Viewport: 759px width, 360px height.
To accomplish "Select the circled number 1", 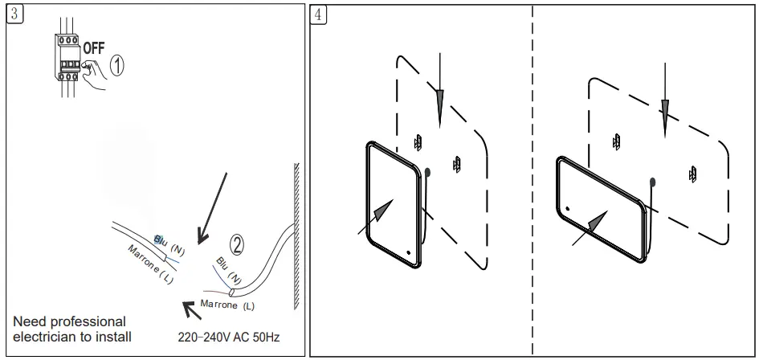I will coord(117,66).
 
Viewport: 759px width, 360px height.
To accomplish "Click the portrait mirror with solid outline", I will coord(394,202).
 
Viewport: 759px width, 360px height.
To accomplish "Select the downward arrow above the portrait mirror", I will coord(439,92).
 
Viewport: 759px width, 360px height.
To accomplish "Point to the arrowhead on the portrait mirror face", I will coord(386,211).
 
